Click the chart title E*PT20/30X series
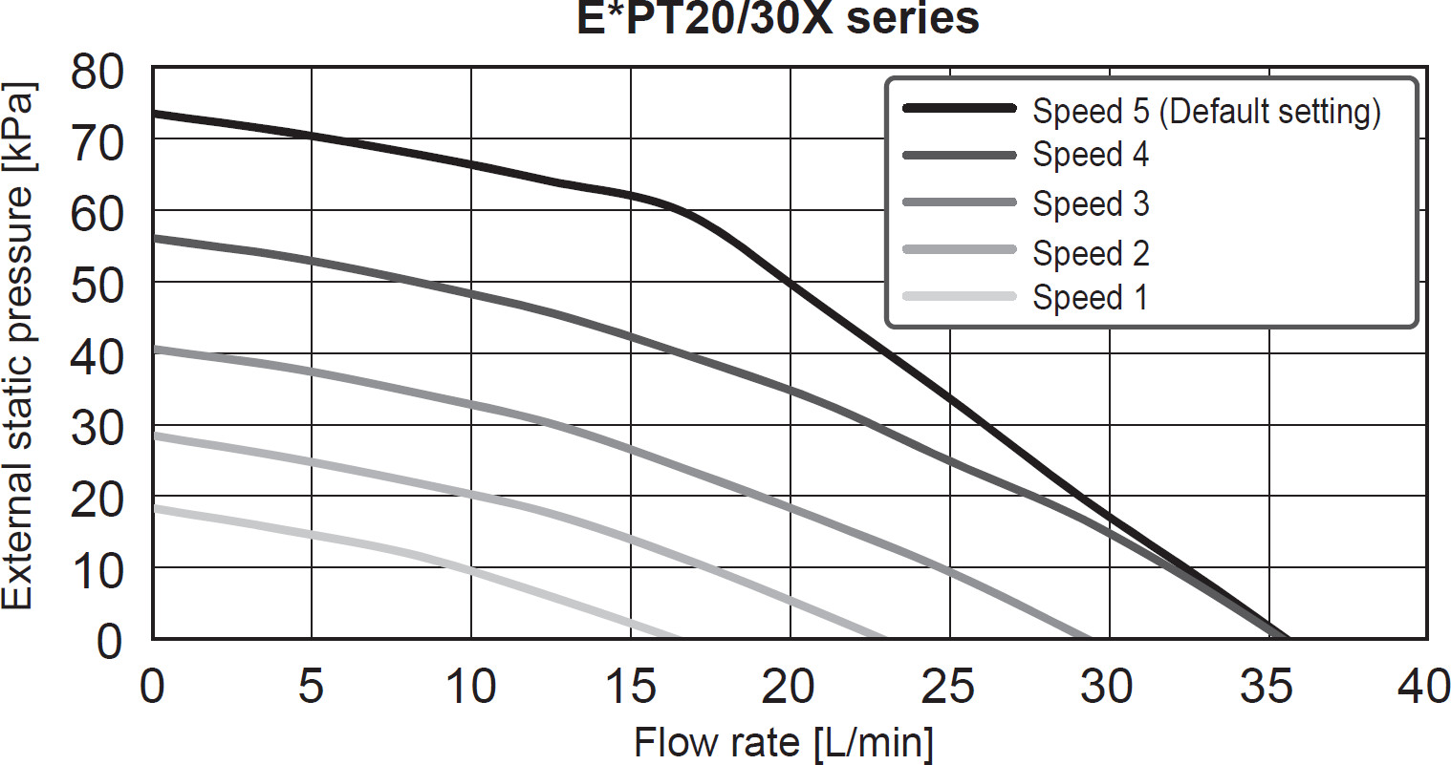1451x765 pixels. [778, 18]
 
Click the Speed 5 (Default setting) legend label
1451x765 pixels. [1206, 111]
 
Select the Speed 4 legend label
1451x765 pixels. [1091, 155]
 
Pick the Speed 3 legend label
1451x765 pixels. [1091, 203]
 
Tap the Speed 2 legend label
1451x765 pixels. [1091, 253]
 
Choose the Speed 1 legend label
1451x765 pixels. [1090, 297]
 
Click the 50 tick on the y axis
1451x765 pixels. [97, 284]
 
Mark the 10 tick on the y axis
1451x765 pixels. [97, 570]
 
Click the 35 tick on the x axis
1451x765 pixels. [1267, 687]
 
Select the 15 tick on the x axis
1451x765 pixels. [630, 687]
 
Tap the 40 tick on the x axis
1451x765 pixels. [1424, 687]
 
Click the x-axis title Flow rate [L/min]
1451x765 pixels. [784, 742]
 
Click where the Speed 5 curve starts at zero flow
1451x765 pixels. [154, 113]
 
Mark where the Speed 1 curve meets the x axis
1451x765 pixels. [679, 638]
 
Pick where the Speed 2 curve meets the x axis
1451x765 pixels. [885, 638]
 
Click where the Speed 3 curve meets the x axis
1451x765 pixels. [1091, 638]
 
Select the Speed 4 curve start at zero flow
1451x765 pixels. [154, 237]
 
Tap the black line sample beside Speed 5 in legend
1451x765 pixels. [959, 109]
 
